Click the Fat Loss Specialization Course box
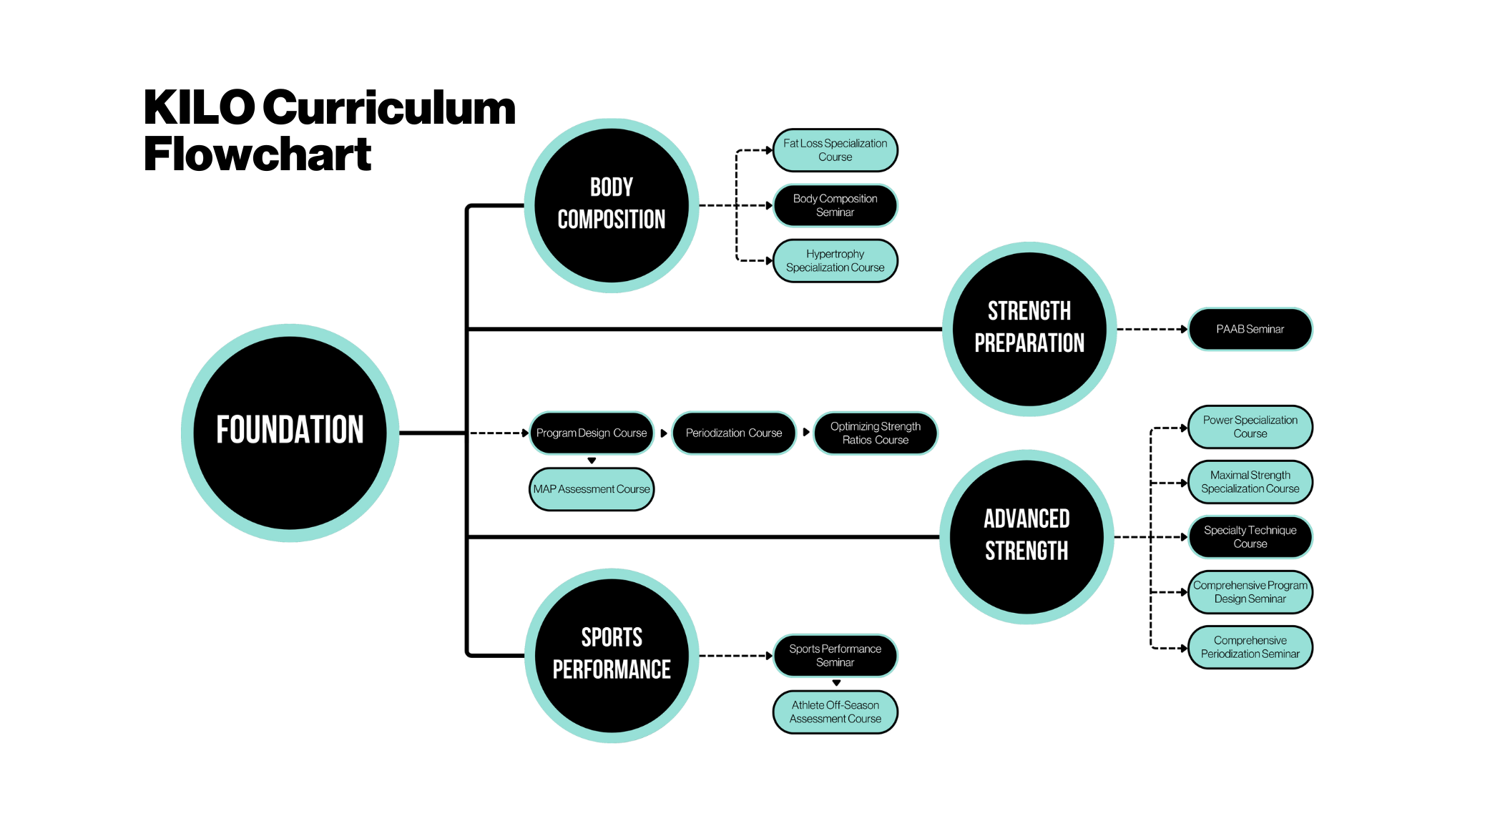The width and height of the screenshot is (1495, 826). (x=835, y=150)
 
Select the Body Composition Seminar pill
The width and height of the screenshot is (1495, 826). (x=835, y=205)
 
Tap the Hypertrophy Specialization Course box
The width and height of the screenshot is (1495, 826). (x=835, y=261)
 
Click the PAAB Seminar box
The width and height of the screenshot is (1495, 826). (x=1250, y=329)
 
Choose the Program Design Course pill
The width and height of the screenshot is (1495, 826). (x=591, y=433)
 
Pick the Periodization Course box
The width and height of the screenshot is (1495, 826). (x=734, y=433)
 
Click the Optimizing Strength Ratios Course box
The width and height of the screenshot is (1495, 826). (x=875, y=433)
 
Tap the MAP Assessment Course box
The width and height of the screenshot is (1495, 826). (x=591, y=489)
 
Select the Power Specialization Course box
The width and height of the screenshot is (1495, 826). (x=1250, y=427)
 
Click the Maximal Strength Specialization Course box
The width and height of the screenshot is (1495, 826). (x=1250, y=482)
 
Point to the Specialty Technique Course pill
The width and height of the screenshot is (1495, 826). (x=1250, y=537)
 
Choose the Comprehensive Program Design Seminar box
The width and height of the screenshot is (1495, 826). (x=1250, y=592)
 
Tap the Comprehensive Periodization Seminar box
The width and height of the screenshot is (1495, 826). (x=1250, y=647)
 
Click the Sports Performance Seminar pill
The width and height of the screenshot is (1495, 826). (x=835, y=656)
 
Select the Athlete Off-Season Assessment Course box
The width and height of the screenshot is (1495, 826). (x=835, y=712)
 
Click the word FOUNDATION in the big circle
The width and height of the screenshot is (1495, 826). (x=290, y=430)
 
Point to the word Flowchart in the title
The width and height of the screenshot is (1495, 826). (x=258, y=154)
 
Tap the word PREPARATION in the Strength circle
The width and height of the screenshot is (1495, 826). (x=1029, y=343)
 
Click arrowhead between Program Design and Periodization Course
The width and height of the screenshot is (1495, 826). (x=664, y=433)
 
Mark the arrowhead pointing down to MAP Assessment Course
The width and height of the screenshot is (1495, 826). (x=592, y=461)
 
